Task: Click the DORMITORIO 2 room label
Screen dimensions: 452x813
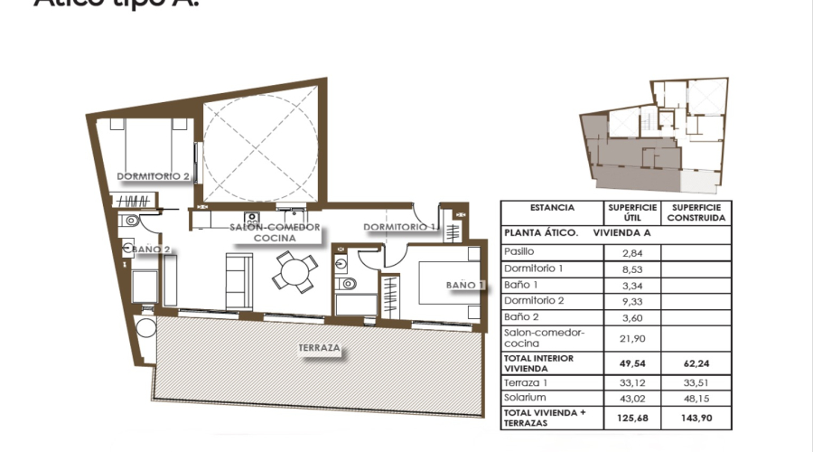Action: [153, 177]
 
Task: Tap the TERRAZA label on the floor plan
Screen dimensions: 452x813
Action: [320, 347]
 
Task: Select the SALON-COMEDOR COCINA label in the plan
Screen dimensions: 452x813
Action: [275, 232]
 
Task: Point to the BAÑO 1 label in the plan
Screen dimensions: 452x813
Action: [465, 286]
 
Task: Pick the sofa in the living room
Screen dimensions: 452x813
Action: [238, 279]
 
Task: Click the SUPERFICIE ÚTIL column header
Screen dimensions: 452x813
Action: [631, 212]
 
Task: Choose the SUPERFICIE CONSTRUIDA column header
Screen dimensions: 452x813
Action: [696, 212]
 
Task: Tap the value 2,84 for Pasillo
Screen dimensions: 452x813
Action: [631, 252]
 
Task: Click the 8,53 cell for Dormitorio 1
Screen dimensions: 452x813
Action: [631, 268]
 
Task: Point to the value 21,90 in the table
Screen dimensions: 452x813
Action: [631, 337]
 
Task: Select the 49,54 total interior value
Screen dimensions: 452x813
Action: [631, 363]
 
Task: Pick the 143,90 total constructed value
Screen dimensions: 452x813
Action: [696, 418]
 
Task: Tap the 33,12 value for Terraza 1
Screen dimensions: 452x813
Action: [631, 382]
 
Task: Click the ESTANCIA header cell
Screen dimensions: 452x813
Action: [552, 207]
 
